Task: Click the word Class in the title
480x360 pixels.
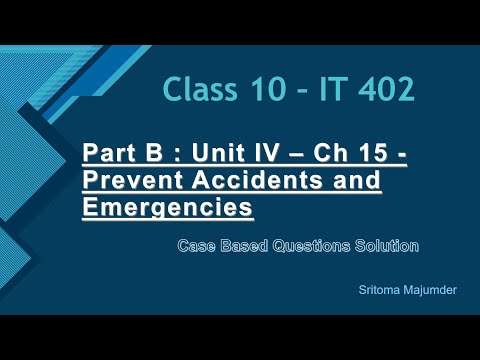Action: [200, 89]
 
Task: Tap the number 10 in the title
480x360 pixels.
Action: [269, 89]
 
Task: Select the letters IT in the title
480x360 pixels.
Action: [331, 89]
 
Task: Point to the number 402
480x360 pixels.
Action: [387, 89]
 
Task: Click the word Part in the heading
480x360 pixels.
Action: [109, 152]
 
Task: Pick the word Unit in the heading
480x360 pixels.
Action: [219, 152]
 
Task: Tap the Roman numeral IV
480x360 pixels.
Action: [266, 152]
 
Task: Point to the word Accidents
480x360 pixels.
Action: [258, 180]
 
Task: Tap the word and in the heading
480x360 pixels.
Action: [356, 180]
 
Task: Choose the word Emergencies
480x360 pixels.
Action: [168, 208]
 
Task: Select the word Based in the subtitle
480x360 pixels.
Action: [244, 246]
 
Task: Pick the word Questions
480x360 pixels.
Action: [311, 246]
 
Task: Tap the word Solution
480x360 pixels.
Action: [387, 246]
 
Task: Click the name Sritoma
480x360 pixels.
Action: [379, 290]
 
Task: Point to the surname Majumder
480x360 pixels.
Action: [430, 290]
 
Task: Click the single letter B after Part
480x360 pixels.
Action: [154, 152]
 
